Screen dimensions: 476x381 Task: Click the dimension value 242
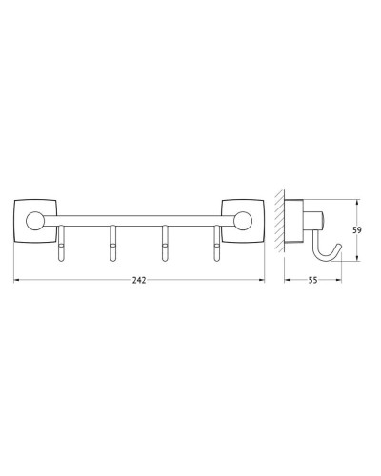tap(139, 274)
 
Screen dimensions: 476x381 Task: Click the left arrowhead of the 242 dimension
tap(16, 281)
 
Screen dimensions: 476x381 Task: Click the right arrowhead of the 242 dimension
tap(262, 281)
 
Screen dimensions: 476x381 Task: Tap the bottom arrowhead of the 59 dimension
tap(357, 258)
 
